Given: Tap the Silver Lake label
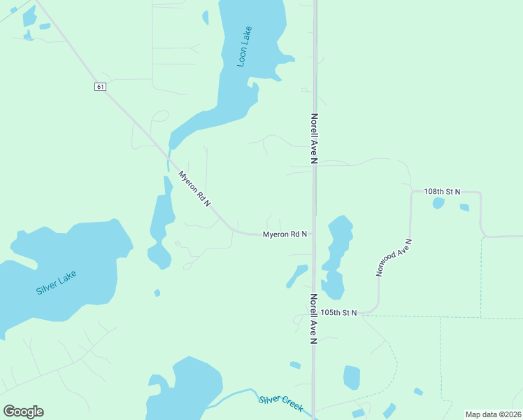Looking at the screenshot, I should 56,282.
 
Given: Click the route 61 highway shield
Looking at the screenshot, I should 101,86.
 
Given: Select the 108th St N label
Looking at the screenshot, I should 443,191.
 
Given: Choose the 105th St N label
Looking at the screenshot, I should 339,312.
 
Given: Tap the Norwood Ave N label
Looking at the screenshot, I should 394,258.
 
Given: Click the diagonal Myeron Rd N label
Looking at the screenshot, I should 194,188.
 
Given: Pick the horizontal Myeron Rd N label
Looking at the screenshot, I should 285,234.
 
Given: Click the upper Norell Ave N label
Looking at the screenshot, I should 315,139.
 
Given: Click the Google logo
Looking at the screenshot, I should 23,412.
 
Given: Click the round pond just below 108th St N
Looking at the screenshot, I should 438,203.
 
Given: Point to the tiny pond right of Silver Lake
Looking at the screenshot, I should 157,293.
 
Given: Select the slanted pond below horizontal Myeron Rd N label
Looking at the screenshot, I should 296,276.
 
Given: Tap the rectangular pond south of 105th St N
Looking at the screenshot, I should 352,377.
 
